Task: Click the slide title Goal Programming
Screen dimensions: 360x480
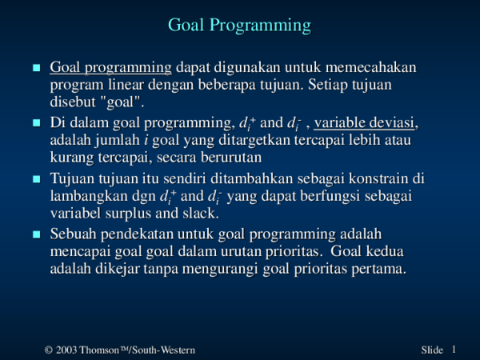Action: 239,26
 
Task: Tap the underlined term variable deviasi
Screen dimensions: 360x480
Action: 366,123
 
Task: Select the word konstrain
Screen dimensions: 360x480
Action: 379,178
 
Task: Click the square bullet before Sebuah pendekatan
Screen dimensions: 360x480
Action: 34,234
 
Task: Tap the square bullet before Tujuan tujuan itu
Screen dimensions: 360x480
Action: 34,178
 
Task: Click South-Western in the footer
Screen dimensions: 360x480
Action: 165,350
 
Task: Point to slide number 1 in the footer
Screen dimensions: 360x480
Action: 453,350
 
